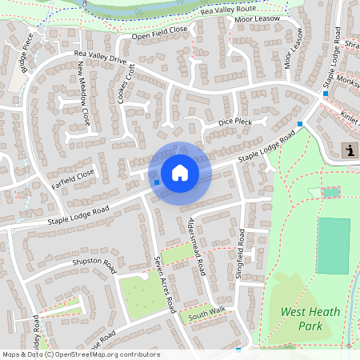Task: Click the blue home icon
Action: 180,172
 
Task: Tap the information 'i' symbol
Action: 350,149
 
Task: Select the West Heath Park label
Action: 310,318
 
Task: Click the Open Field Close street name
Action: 159,34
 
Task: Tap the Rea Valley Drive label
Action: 101,57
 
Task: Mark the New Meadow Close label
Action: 84,90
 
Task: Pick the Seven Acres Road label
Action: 165,284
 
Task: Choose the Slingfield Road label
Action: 242,246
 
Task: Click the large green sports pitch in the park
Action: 334,245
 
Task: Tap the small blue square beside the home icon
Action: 157,182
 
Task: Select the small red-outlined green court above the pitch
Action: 330,192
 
